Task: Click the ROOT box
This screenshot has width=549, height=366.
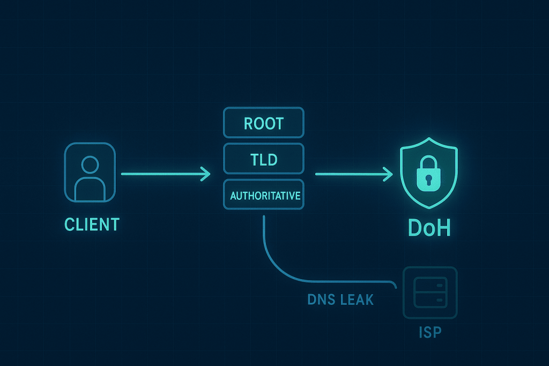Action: point(263,123)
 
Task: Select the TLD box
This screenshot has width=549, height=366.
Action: point(263,159)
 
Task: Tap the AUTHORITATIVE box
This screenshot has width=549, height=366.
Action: point(263,196)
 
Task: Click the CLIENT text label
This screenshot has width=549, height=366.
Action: point(92,224)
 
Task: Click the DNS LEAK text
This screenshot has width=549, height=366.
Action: point(340,299)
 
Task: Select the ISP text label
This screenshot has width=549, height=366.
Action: point(429,332)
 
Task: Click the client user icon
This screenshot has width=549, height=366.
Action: point(90,173)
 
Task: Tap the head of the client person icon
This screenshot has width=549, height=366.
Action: point(90,163)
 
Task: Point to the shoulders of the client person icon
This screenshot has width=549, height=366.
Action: point(90,188)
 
